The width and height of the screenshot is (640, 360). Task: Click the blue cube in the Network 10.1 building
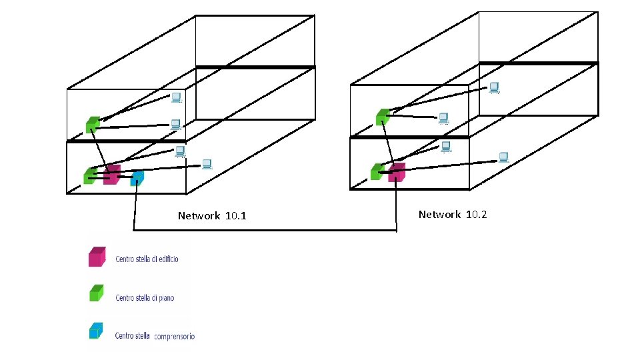point(137,178)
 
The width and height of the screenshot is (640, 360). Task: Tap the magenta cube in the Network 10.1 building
point(112,175)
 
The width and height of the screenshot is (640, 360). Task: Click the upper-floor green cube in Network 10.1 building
point(93,124)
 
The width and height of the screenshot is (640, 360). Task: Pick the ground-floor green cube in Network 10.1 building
point(89,175)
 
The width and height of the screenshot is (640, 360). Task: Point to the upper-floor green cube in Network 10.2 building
point(382,117)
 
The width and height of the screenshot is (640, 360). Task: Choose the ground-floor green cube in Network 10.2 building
point(377,171)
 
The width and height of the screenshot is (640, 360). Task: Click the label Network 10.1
point(212,216)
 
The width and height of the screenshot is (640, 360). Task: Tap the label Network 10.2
point(453,215)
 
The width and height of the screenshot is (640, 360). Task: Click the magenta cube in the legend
point(97,257)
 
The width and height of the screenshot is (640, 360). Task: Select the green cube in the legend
point(97,293)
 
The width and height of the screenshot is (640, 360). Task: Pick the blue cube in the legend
point(97,331)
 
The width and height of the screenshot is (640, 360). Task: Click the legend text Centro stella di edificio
point(147,259)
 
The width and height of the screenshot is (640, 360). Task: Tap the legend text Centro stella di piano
point(145,297)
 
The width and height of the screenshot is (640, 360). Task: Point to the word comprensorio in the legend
point(175,337)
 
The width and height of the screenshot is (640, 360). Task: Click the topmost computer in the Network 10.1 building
point(177,97)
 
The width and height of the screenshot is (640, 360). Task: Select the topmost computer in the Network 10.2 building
point(494,87)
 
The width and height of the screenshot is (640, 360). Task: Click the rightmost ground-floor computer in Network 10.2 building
point(504,157)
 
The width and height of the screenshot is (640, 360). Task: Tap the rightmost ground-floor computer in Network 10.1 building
point(207,163)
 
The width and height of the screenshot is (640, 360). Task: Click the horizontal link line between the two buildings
point(267,231)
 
